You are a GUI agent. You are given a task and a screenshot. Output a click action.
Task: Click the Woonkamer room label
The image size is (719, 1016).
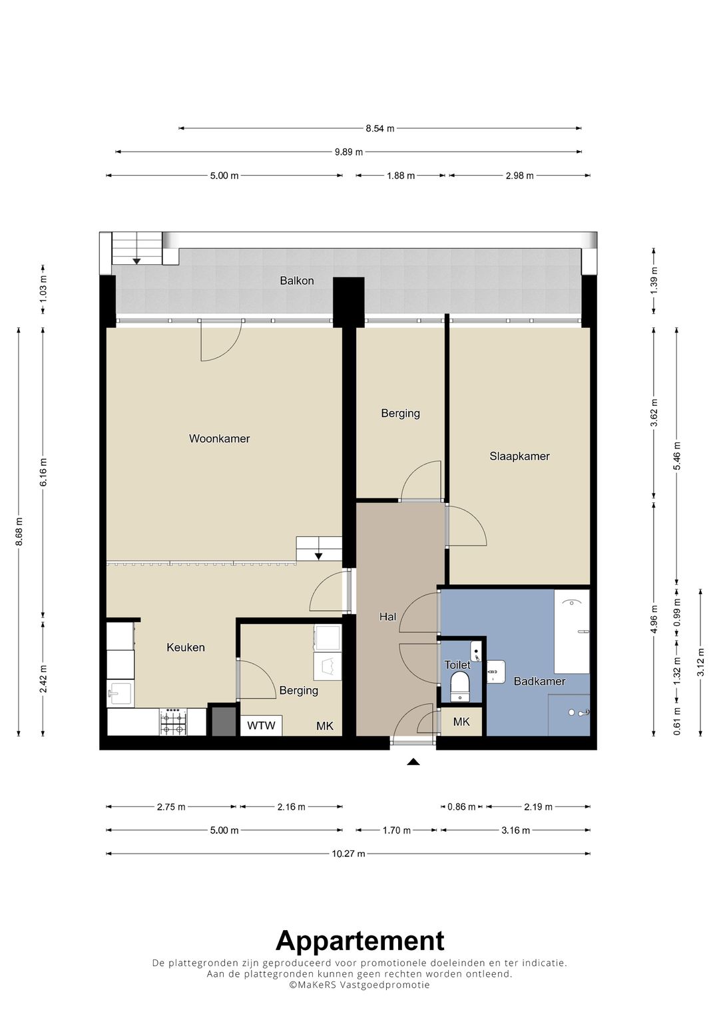(x=219, y=438)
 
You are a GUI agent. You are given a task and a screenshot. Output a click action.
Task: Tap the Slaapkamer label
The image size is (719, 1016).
(x=519, y=456)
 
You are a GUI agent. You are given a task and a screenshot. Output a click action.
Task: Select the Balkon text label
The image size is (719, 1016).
(x=297, y=281)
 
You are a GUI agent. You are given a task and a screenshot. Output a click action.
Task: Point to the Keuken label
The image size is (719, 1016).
(x=186, y=647)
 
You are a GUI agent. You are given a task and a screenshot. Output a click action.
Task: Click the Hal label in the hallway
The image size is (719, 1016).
(x=387, y=617)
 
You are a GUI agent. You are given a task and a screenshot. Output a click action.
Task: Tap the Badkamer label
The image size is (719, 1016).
(x=539, y=681)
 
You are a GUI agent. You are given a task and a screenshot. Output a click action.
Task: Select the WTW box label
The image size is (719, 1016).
(x=261, y=726)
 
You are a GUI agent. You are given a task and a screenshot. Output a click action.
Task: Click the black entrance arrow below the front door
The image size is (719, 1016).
(x=413, y=762)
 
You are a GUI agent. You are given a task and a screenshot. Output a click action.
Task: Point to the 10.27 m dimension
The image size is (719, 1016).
(x=348, y=854)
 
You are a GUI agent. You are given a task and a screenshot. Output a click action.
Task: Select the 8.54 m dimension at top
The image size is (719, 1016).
(x=380, y=128)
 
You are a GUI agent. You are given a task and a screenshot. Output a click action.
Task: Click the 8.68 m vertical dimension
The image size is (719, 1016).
(x=19, y=532)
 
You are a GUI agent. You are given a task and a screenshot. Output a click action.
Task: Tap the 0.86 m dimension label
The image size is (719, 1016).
(x=461, y=807)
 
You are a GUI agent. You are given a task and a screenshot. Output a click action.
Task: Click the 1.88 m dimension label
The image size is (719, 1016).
(x=401, y=176)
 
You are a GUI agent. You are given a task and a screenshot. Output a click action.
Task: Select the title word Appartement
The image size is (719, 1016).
(x=359, y=941)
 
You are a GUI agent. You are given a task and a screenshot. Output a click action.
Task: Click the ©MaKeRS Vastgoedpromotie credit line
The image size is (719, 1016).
(x=359, y=985)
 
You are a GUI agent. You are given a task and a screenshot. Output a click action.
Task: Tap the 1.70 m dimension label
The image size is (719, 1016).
(x=397, y=830)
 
